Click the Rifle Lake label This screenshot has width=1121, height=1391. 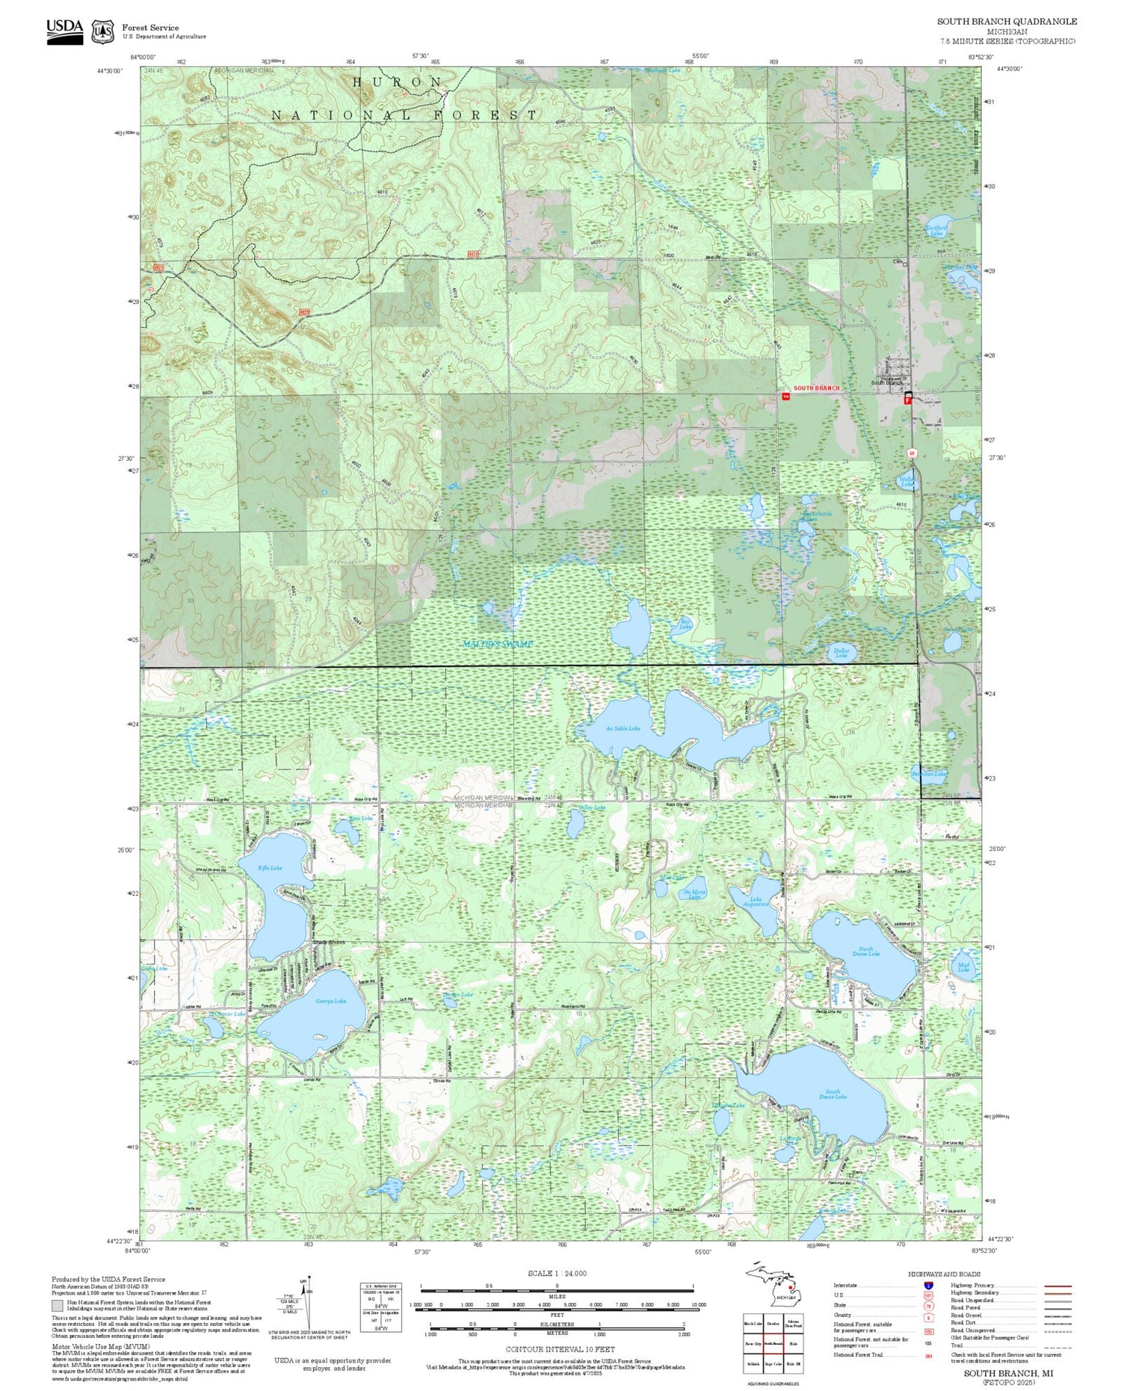[271, 867]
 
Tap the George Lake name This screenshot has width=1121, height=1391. [330, 1001]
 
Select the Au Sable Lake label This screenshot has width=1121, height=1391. [623, 728]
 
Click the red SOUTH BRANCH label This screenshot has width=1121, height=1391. [816, 388]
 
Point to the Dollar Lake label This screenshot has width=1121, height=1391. [841, 653]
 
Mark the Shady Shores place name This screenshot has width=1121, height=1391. [329, 942]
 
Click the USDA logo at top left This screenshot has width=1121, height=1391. [65, 31]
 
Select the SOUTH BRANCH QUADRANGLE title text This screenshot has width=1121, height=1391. [1007, 22]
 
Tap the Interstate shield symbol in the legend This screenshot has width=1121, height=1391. [927, 1285]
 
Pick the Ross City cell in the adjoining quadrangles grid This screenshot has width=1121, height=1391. [753, 1343]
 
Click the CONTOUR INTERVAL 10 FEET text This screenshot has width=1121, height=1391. [560, 1349]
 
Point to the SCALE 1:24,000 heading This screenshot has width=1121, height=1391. [557, 1273]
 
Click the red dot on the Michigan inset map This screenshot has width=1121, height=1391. [791, 1287]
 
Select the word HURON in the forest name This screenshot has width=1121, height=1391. [397, 81]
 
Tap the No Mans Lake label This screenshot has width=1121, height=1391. [694, 894]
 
